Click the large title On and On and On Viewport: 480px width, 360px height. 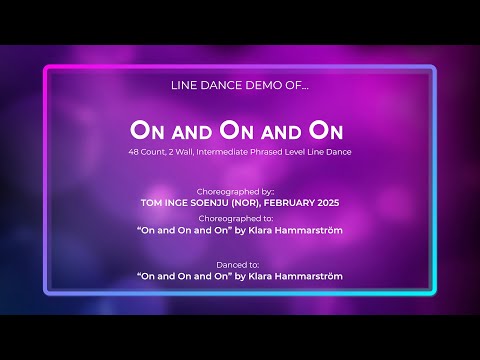239,130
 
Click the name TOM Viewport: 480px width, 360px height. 154,202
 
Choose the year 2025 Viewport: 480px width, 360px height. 339,202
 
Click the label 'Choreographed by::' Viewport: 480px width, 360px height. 240,189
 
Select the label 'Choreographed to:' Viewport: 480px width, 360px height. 240,217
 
